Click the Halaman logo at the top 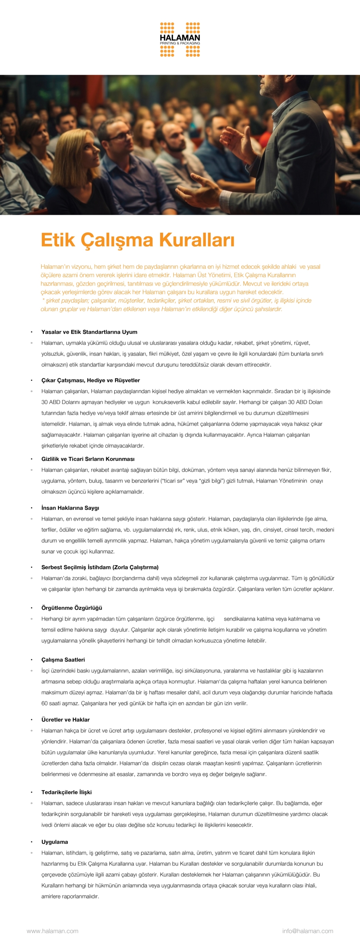click(x=180, y=40)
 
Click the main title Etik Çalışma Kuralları click(x=137, y=240)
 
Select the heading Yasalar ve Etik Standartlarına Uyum click(x=89, y=332)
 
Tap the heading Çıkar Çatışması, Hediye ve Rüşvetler click(x=90, y=380)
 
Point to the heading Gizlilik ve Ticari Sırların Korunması click(x=88, y=459)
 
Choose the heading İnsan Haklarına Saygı click(x=70, y=508)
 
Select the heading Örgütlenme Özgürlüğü click(x=71, y=608)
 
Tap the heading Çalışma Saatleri click(x=63, y=660)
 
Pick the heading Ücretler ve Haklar click(x=66, y=720)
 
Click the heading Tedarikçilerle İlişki click(x=66, y=792)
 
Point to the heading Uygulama click(x=54, y=842)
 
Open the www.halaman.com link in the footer click(x=52, y=931)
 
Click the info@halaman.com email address click(x=307, y=931)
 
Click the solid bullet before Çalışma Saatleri click(x=31, y=660)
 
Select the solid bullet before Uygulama click(x=31, y=842)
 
